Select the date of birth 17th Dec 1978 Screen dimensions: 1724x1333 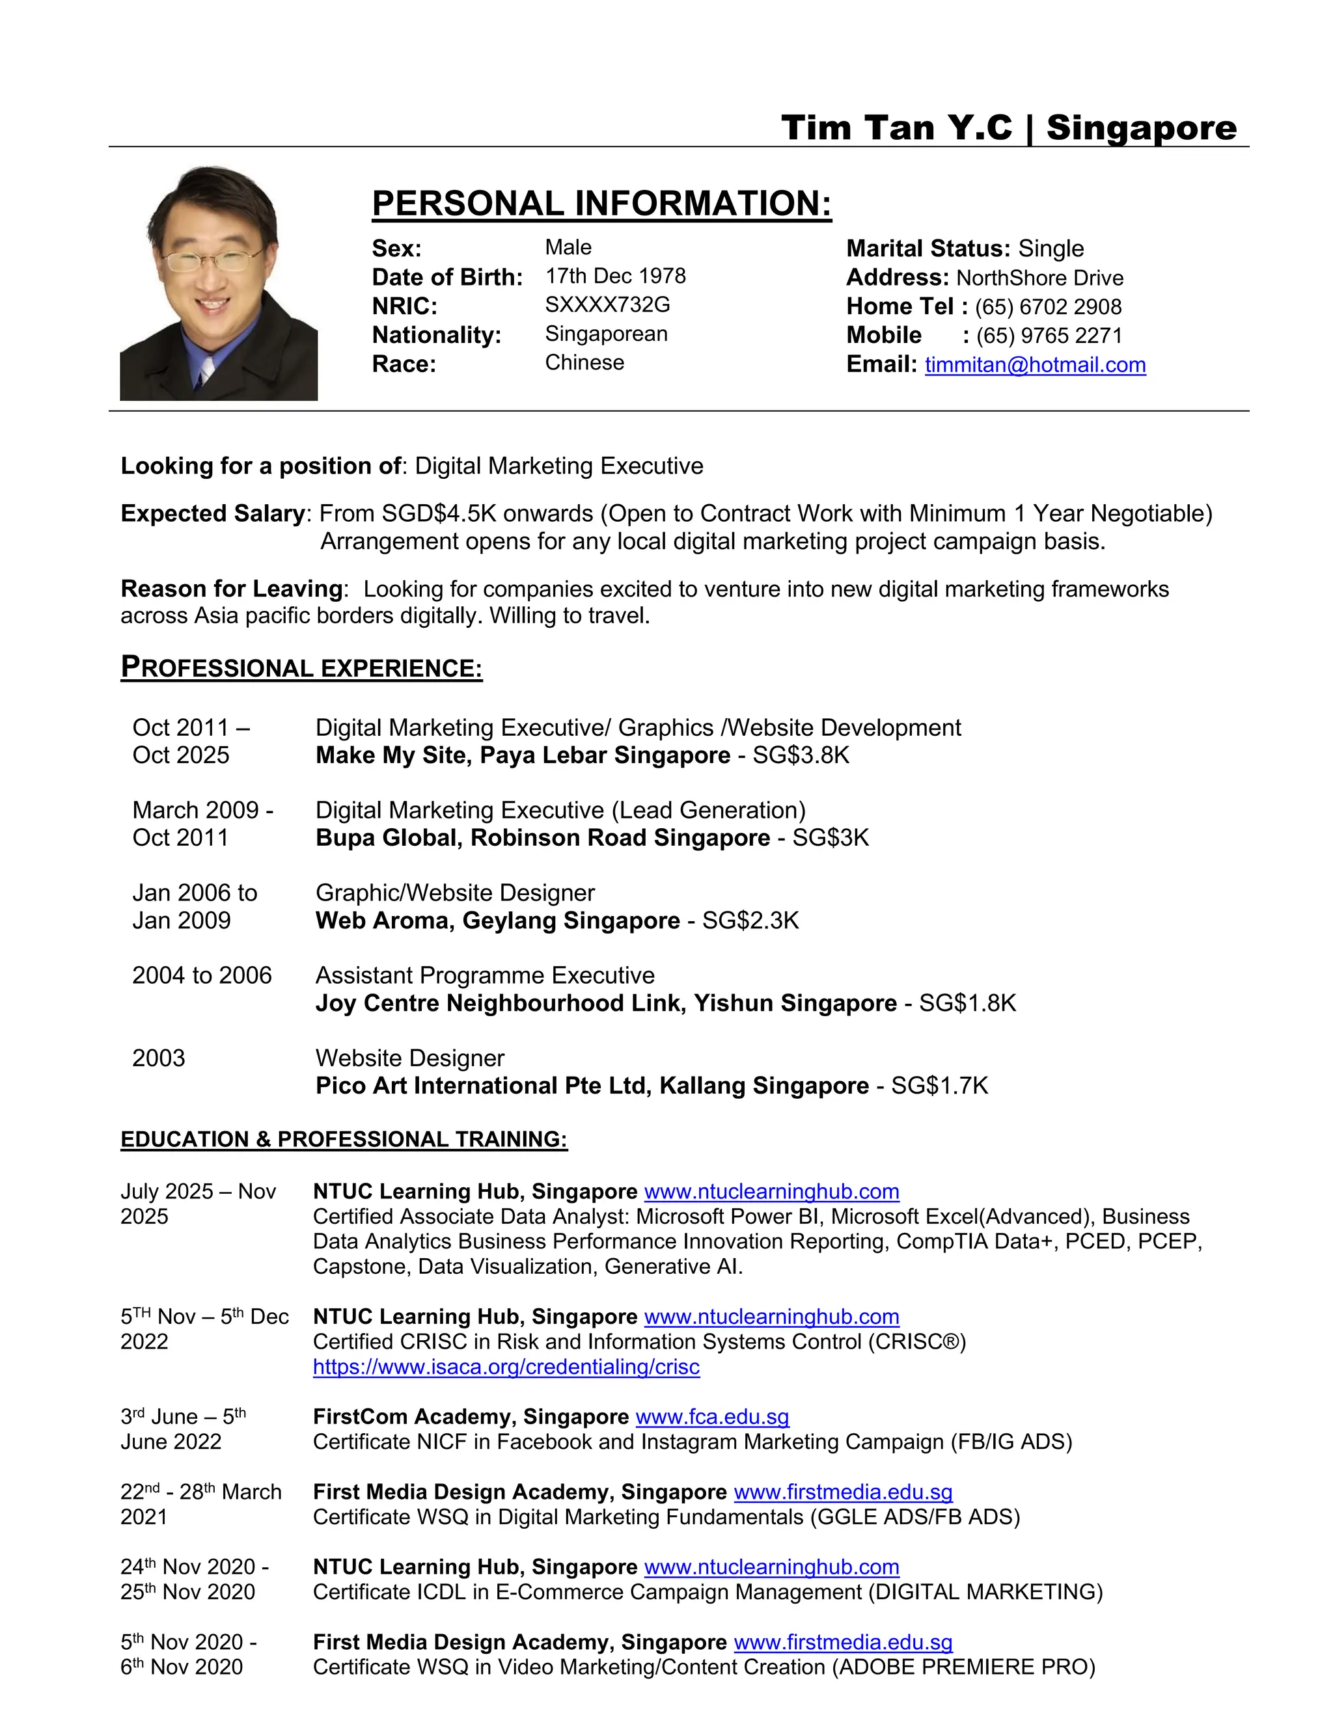click(x=615, y=276)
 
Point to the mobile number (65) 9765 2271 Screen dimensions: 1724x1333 click(x=1049, y=336)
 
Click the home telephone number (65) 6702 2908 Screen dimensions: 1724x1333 click(x=1048, y=307)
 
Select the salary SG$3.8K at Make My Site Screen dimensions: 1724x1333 click(x=801, y=755)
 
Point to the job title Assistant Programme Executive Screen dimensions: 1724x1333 click(x=485, y=976)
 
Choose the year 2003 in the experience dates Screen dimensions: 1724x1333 click(x=158, y=1058)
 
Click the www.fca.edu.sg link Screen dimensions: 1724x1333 click(x=711, y=1417)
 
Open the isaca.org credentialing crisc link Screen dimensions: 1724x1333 click(x=506, y=1367)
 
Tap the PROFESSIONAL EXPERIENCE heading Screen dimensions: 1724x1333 click(x=301, y=668)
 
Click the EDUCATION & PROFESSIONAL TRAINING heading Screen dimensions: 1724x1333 click(x=344, y=1140)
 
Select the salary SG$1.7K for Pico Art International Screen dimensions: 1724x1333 click(x=940, y=1086)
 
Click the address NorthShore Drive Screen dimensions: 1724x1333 click(x=1039, y=278)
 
